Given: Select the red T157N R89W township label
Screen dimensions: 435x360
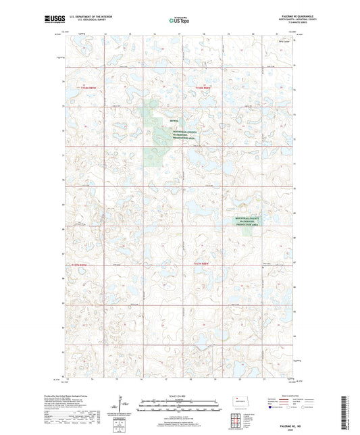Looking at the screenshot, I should pos(80,264).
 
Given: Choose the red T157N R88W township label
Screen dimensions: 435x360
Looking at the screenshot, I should pos(203,262).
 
